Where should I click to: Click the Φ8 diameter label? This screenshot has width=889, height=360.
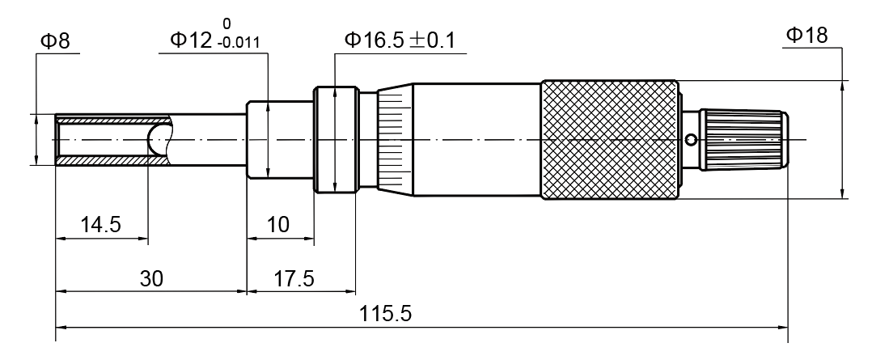(55, 41)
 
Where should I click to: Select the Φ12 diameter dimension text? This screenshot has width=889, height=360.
(193, 40)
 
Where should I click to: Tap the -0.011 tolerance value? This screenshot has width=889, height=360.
(238, 43)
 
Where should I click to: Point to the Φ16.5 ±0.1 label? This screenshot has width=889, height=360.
(400, 40)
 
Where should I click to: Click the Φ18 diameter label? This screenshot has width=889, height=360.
(806, 35)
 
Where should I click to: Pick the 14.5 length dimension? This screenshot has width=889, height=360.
(101, 225)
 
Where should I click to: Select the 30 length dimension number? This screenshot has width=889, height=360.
(151, 278)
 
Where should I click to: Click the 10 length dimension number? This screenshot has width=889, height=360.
(277, 225)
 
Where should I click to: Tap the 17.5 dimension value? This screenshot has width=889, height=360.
(294, 278)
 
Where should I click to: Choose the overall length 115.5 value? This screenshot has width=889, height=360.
(386, 314)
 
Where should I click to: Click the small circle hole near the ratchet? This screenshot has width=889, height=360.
(691, 139)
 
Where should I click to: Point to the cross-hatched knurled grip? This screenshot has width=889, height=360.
(609, 139)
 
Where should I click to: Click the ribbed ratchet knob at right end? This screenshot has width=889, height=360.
(744, 139)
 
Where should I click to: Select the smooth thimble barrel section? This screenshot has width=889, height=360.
(476, 139)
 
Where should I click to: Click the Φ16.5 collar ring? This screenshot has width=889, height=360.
(337, 139)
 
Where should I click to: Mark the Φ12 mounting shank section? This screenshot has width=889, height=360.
(280, 139)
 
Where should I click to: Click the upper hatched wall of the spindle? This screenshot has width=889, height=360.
(112, 120)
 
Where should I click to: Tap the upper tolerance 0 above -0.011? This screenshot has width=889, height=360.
(226, 23)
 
